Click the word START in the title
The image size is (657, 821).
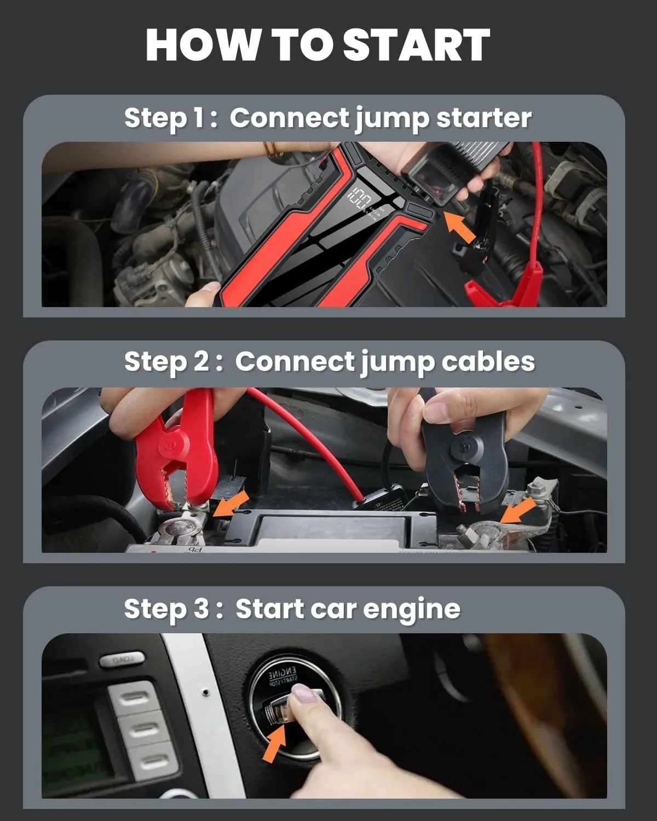pyautogui.click(x=417, y=45)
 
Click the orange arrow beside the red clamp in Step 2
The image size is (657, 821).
pyautogui.click(x=230, y=504)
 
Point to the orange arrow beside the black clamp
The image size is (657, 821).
pyautogui.click(x=518, y=511)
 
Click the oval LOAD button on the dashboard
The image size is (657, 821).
pyautogui.click(x=121, y=660)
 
